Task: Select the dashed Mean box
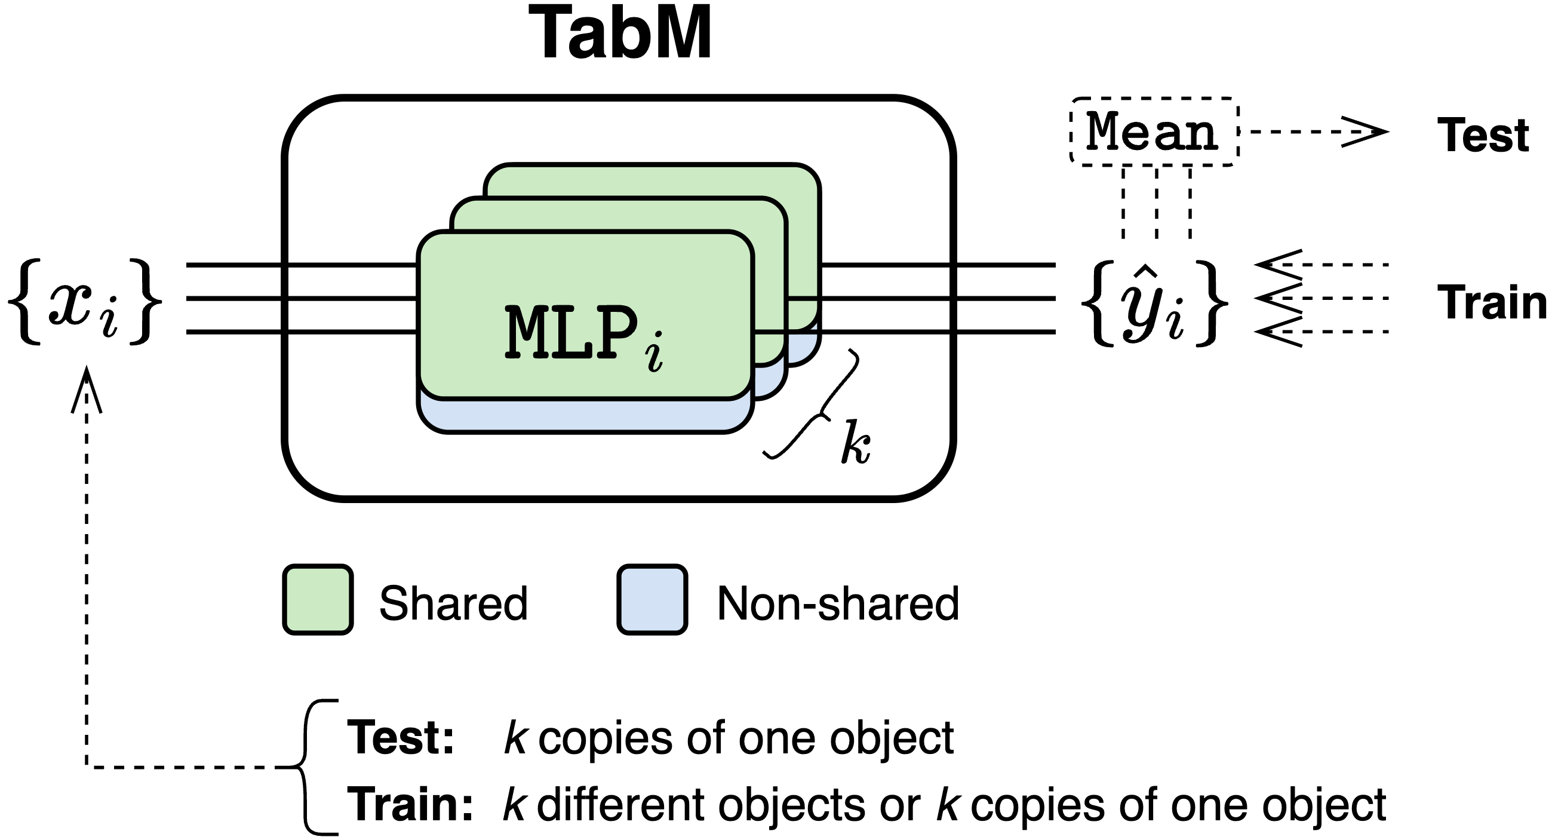[x=1154, y=131]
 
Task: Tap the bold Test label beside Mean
[x=1483, y=135]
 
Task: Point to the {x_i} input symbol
[x=85, y=302]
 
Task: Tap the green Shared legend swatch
[x=318, y=600]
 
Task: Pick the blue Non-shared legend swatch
[x=652, y=600]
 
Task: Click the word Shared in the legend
[x=453, y=603]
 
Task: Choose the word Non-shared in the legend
[x=838, y=603]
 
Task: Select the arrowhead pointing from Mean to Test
[x=1365, y=131]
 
